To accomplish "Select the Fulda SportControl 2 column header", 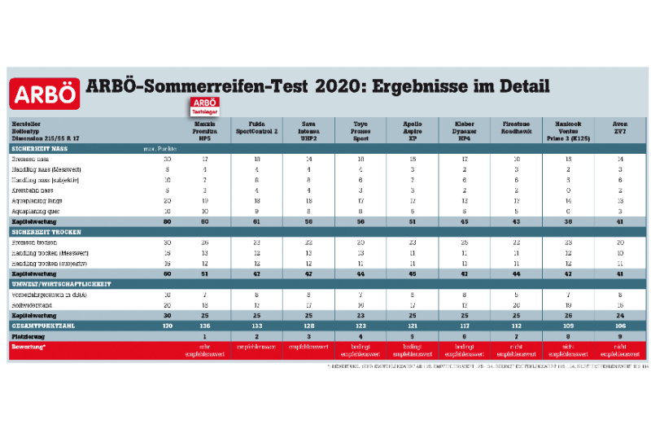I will tap(256, 127).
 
